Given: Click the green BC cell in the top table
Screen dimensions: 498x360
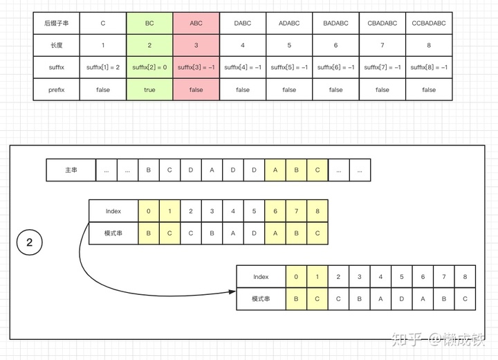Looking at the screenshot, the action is click(x=149, y=23).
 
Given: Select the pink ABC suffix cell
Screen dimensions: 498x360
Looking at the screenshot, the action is click(x=196, y=23).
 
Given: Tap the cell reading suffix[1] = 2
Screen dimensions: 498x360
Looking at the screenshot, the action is click(x=103, y=67).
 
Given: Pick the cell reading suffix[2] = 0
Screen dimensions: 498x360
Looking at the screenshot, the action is click(x=149, y=67).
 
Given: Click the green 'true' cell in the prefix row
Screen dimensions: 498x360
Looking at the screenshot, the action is click(x=149, y=89).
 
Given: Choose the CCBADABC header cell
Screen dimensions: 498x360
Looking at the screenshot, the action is click(x=429, y=23).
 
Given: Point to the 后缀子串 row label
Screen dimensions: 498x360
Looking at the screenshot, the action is click(x=57, y=23).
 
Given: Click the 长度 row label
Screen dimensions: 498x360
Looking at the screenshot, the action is click(x=57, y=45).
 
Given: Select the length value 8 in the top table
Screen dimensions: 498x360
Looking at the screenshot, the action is click(x=429, y=45).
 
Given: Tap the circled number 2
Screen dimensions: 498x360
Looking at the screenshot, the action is click(x=29, y=242).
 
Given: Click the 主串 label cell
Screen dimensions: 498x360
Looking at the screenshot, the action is click(x=71, y=170).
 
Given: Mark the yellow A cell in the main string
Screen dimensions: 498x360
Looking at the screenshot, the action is click(x=275, y=170).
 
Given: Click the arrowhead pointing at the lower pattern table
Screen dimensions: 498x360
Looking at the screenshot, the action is click(x=231, y=291).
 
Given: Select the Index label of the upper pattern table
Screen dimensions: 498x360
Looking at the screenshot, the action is click(x=113, y=211).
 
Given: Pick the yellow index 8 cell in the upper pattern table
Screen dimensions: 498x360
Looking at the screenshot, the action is click(x=317, y=211).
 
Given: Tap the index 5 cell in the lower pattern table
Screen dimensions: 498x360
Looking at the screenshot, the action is click(x=402, y=277).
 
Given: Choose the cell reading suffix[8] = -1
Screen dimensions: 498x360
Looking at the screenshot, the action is click(x=429, y=67).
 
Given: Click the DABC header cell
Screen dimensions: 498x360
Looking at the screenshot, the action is click(x=243, y=23).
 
